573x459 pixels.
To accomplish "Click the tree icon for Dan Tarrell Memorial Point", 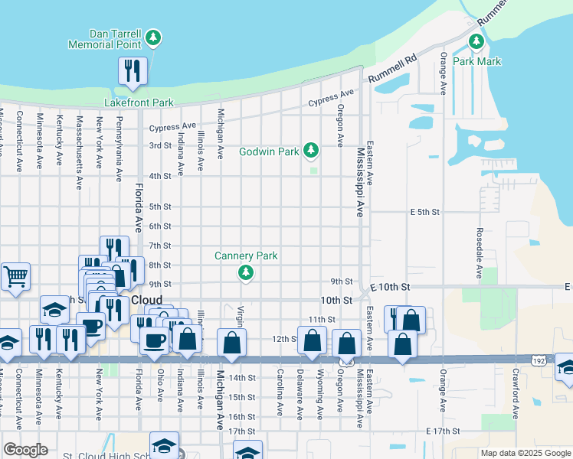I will pos(153,37).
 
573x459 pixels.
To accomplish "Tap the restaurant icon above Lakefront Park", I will pos(133,70).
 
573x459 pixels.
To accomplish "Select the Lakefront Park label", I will pos(139,103).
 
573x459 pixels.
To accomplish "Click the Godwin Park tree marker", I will pos(311,150).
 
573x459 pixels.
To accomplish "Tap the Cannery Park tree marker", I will pos(245,272).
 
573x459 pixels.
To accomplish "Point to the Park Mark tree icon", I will pos(476,41).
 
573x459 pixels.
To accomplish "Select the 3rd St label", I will pos(159,145).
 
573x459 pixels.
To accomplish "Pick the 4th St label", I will pos(159,176).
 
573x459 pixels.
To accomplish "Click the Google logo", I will pos(25,450).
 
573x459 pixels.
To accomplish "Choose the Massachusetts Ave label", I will pos(79,151).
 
